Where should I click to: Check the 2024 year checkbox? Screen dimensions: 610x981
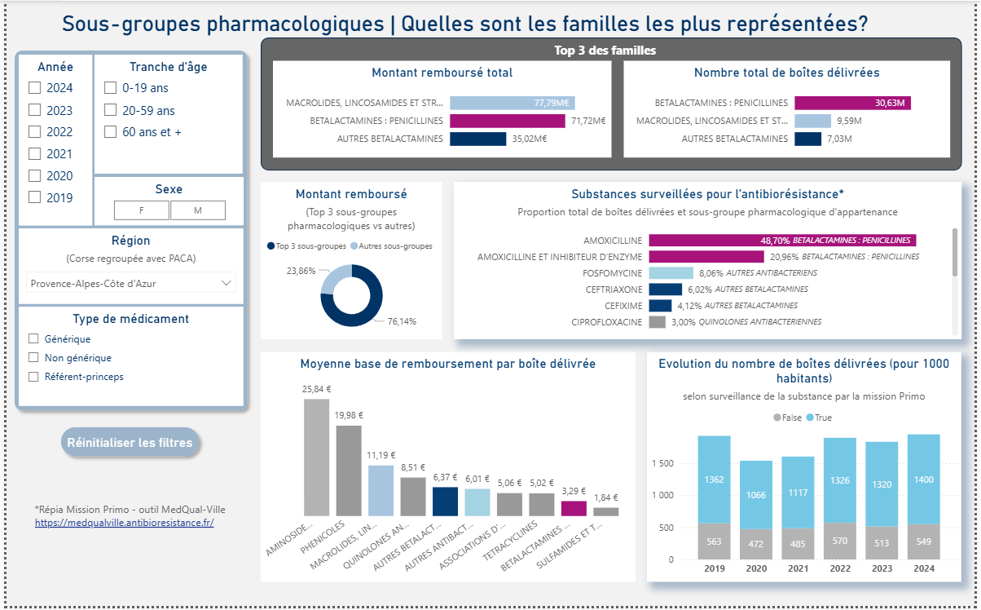(34, 88)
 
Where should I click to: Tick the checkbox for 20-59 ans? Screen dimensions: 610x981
(110, 110)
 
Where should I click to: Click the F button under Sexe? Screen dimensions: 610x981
(142, 210)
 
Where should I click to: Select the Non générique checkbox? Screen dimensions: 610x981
(33, 357)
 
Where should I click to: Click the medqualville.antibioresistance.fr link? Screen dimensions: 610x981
(124, 522)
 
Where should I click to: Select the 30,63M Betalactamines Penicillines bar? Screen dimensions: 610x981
(852, 103)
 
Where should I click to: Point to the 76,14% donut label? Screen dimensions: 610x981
(401, 321)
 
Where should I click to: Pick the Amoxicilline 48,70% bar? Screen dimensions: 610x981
(782, 241)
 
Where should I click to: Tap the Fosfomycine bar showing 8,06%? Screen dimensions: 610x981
(671, 273)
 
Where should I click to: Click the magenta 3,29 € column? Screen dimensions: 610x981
(574, 508)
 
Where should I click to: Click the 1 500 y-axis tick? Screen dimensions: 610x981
(662, 463)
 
